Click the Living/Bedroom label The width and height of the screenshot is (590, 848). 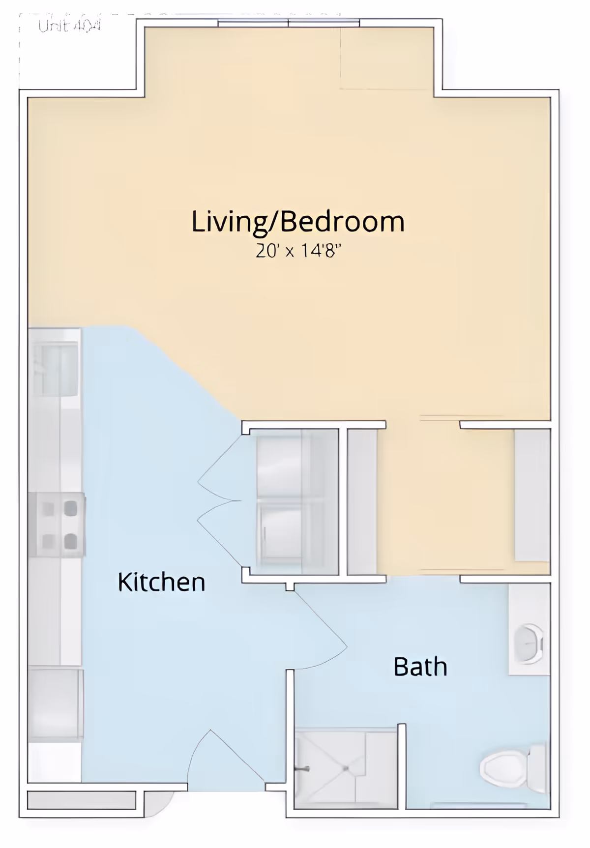click(x=297, y=222)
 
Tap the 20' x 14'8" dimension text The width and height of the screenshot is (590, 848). click(x=298, y=251)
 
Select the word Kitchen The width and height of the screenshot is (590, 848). click(x=161, y=583)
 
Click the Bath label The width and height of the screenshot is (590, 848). click(x=420, y=667)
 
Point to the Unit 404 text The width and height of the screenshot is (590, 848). click(x=69, y=26)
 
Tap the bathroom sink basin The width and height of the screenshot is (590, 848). click(x=528, y=644)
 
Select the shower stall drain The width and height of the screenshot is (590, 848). click(x=346, y=768)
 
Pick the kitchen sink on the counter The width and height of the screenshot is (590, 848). click(x=55, y=370)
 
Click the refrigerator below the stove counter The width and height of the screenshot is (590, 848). click(x=55, y=704)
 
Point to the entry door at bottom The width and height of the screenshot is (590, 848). click(x=226, y=760)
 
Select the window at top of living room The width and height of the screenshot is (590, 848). click(x=289, y=23)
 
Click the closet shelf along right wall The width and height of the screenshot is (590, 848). click(x=532, y=496)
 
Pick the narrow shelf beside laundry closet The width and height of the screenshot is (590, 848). click(x=362, y=501)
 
